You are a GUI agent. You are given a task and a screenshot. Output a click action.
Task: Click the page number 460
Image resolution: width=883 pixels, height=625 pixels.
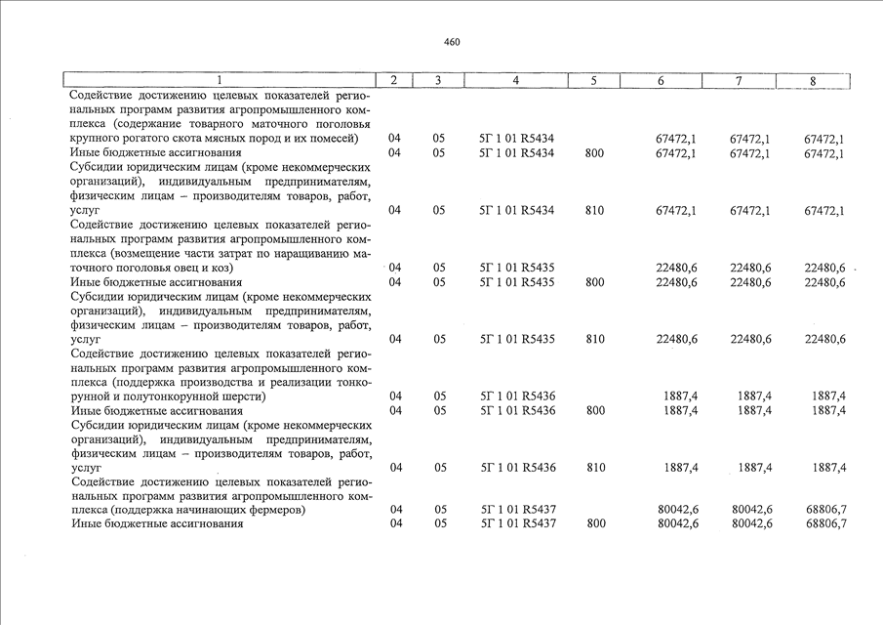click(451, 42)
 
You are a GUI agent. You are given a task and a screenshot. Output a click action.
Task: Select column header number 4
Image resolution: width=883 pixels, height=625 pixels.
click(515, 80)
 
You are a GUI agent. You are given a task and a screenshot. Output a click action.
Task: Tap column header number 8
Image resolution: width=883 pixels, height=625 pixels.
click(812, 80)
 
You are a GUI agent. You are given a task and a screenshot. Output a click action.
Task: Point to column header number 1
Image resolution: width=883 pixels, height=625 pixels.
click(220, 80)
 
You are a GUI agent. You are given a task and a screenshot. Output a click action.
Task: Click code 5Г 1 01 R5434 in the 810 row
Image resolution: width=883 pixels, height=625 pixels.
click(517, 210)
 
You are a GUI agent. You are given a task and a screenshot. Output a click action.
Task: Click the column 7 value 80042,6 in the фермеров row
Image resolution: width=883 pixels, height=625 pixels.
click(751, 510)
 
